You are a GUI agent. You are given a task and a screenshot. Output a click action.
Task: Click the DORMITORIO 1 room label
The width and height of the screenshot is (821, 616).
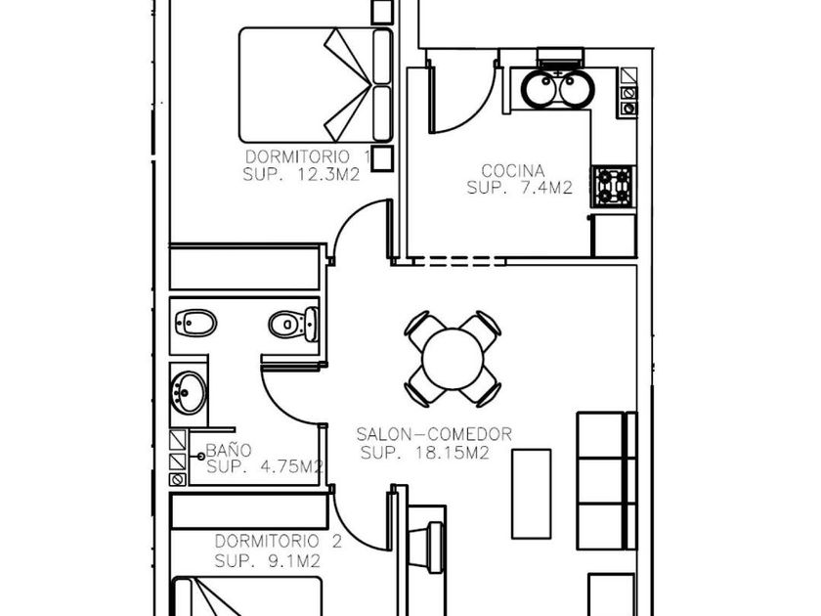click(x=309, y=156)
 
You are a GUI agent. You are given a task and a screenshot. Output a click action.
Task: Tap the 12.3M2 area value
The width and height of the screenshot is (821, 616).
click(x=328, y=174)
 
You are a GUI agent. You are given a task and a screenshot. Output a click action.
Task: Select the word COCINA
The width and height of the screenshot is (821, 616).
click(x=512, y=171)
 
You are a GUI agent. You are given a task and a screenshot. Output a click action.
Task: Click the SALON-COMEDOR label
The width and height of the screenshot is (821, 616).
click(x=434, y=434)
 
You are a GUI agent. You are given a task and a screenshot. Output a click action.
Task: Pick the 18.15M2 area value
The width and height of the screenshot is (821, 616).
click(x=453, y=453)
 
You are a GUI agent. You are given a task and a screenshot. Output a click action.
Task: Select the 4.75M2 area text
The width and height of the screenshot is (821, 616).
click(x=291, y=466)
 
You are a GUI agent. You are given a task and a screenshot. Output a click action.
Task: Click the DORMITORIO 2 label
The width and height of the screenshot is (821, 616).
click(x=279, y=541)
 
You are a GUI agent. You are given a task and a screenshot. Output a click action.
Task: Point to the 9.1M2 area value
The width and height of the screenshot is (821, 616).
click(x=294, y=561)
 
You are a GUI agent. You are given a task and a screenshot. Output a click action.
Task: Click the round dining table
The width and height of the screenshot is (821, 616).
click(x=453, y=359)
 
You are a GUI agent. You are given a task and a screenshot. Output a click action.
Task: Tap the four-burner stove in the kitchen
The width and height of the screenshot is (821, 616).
click(x=613, y=187)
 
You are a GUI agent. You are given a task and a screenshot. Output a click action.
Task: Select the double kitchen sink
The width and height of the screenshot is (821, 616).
click(x=559, y=88)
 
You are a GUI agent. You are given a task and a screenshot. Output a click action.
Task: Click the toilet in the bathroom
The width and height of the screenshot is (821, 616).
click(x=294, y=325)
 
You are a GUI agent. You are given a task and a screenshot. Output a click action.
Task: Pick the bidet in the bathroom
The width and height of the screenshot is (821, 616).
click(x=195, y=324)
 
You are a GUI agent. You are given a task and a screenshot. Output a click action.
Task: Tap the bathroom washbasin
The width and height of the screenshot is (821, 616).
click(x=188, y=392)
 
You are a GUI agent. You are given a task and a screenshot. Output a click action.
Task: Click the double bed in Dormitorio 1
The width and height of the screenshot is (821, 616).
click(x=316, y=85)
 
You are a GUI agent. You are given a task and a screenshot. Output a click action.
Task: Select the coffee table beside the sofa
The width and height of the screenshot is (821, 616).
click(x=531, y=494)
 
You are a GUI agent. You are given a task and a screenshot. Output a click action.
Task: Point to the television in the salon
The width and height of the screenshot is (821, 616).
click(x=428, y=548)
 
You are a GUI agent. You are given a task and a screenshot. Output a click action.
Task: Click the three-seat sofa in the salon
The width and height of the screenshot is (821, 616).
click(x=606, y=481)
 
